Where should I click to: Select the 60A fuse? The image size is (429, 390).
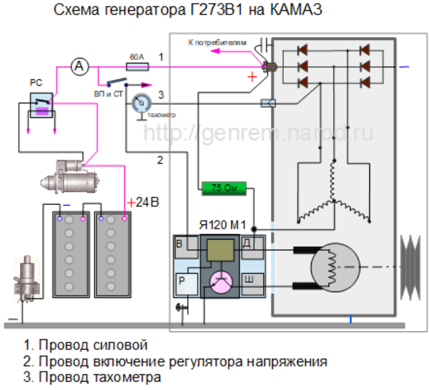point(137,66)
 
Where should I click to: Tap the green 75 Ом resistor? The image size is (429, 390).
point(222,188)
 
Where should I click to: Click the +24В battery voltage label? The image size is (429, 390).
point(143,202)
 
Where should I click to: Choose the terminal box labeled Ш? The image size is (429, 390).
point(248,279)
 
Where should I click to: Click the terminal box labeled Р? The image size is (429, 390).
point(183,280)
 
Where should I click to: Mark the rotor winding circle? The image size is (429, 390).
point(332,267)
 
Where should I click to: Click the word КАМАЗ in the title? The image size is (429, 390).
point(290,11)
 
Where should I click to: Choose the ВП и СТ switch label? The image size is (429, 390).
point(108,93)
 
